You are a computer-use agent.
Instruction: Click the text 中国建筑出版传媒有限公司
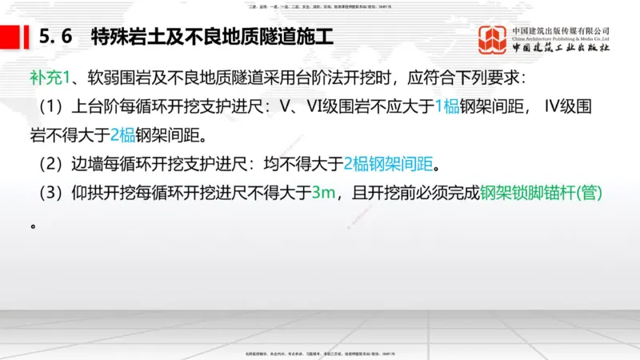[x=561, y=30]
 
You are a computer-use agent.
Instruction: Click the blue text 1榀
[x=447, y=107]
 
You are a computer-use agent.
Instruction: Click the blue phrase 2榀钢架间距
[x=391, y=164]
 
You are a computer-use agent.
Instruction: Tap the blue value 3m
[x=325, y=193]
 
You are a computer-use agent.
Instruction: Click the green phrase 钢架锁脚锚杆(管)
[x=541, y=193]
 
